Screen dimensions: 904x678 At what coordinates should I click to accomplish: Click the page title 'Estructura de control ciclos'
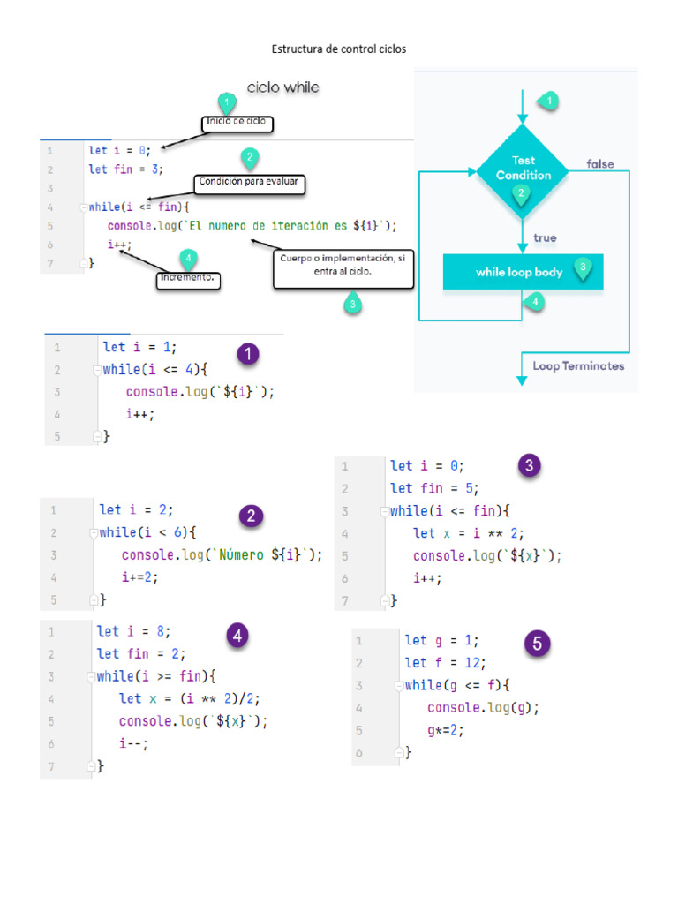point(339,49)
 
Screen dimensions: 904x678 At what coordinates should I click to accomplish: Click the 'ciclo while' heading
point(282,87)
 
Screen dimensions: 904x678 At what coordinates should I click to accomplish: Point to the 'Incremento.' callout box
point(188,280)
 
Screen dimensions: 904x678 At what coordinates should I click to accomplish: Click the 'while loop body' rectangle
point(522,272)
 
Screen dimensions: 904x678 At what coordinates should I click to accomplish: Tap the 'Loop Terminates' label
point(578,365)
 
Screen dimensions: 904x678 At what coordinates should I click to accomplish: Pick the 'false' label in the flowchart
point(600,164)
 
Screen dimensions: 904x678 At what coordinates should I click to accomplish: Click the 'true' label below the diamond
point(545,237)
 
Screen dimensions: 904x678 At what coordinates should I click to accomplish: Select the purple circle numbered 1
point(248,355)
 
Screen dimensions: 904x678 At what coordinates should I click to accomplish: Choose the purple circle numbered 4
point(236,635)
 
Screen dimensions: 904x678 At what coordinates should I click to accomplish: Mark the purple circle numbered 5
point(538,644)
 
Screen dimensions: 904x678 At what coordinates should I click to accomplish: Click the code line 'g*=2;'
point(445,731)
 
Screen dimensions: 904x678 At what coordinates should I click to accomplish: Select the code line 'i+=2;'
point(139,577)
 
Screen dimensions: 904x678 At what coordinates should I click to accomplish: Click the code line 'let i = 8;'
point(133,631)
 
